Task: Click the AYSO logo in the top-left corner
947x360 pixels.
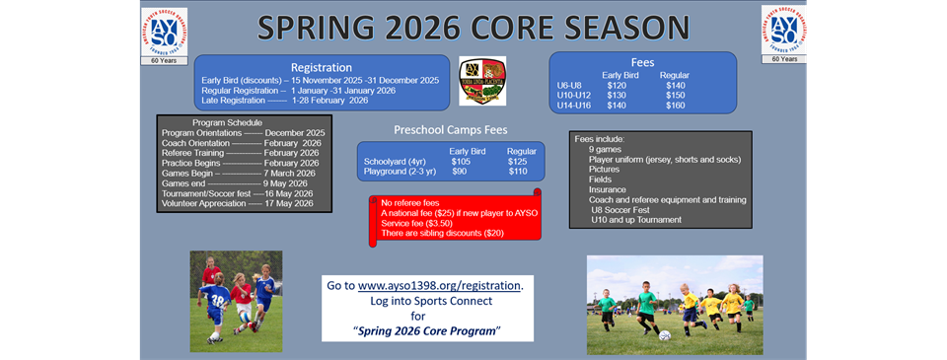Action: click(164, 32)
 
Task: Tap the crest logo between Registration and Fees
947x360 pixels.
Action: click(482, 81)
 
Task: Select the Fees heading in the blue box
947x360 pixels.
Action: click(642, 62)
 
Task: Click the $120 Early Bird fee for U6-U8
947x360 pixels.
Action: click(618, 86)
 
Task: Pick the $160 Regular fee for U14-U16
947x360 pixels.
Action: click(677, 106)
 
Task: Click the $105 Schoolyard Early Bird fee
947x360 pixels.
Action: click(461, 161)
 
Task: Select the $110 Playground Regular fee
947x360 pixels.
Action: click(518, 171)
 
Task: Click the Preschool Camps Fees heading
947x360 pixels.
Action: click(450, 129)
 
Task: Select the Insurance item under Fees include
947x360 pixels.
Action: click(608, 188)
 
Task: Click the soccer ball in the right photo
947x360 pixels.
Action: click(664, 335)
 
